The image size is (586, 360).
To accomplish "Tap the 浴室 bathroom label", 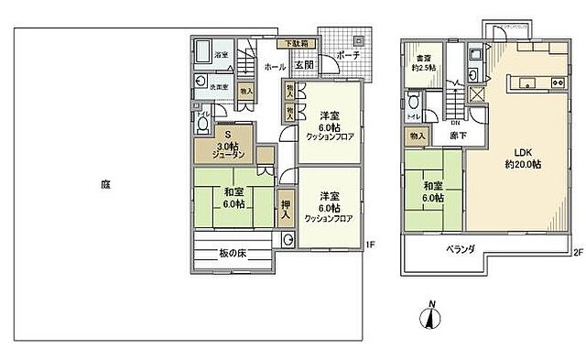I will pyautogui.click(x=221, y=55).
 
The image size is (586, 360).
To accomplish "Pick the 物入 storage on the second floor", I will pyautogui.click(x=418, y=136).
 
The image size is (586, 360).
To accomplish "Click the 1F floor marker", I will pyautogui.click(x=369, y=244).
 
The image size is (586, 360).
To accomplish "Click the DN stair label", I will pyautogui.click(x=454, y=121).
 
